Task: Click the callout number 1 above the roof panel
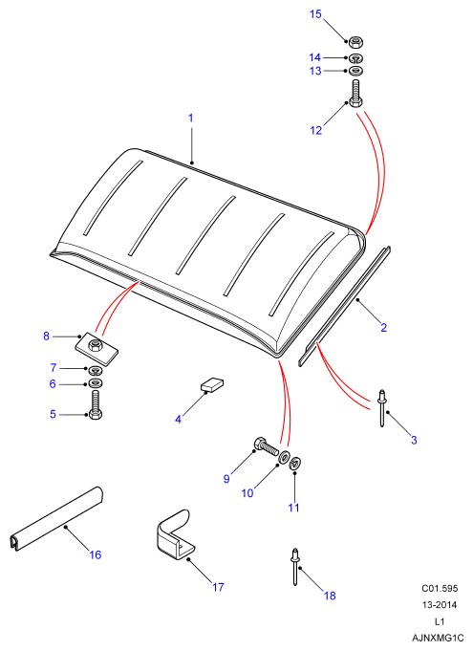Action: pyautogui.click(x=191, y=118)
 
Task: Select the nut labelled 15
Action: pyautogui.click(x=355, y=42)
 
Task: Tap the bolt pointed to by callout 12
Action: pyautogui.click(x=356, y=94)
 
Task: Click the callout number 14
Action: pyautogui.click(x=315, y=57)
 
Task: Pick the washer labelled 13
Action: pyautogui.click(x=355, y=71)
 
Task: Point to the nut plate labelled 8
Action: pyautogui.click(x=97, y=348)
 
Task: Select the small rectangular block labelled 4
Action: pyautogui.click(x=212, y=384)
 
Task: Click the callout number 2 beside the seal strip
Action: pyautogui.click(x=384, y=328)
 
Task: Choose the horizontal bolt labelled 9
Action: pyautogui.click(x=266, y=446)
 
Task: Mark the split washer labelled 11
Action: pyautogui.click(x=295, y=463)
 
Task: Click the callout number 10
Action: pyautogui.click(x=247, y=493)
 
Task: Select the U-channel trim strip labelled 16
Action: pyautogui.click(x=56, y=519)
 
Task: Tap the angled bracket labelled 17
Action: pyautogui.click(x=174, y=535)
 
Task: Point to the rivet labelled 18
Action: pyautogui.click(x=295, y=566)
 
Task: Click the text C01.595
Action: pyautogui.click(x=440, y=588)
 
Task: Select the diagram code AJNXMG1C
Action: pyautogui.click(x=438, y=638)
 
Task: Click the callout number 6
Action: pyautogui.click(x=53, y=383)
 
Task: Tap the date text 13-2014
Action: pyautogui.click(x=440, y=605)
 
